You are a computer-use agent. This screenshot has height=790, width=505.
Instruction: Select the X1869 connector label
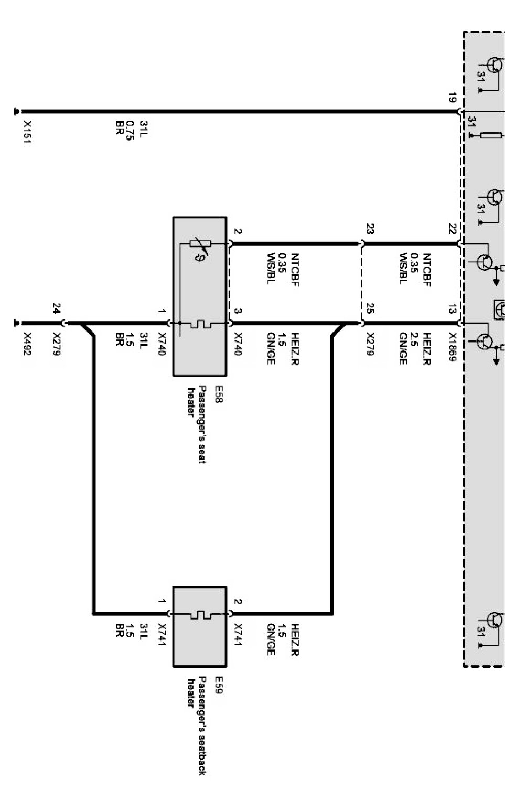pyautogui.click(x=452, y=346)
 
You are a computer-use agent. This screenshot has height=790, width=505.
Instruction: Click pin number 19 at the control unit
pyautogui.click(x=452, y=98)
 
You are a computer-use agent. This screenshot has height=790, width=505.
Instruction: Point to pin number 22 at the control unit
pyautogui.click(x=452, y=229)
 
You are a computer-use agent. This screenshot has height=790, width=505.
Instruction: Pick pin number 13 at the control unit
pyautogui.click(x=452, y=309)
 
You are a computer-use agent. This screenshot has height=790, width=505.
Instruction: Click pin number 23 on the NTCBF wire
pyautogui.click(x=370, y=229)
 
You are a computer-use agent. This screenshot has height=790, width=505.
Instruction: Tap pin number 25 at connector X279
pyautogui.click(x=370, y=309)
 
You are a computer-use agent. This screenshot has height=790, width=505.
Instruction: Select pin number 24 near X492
pyautogui.click(x=57, y=307)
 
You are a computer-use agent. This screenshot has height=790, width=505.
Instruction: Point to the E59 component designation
pyautogui.click(x=219, y=685)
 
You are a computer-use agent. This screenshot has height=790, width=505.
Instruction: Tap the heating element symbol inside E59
pyautogui.click(x=199, y=613)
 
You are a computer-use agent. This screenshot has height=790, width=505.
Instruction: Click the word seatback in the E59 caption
pyautogui.click(x=202, y=755)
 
